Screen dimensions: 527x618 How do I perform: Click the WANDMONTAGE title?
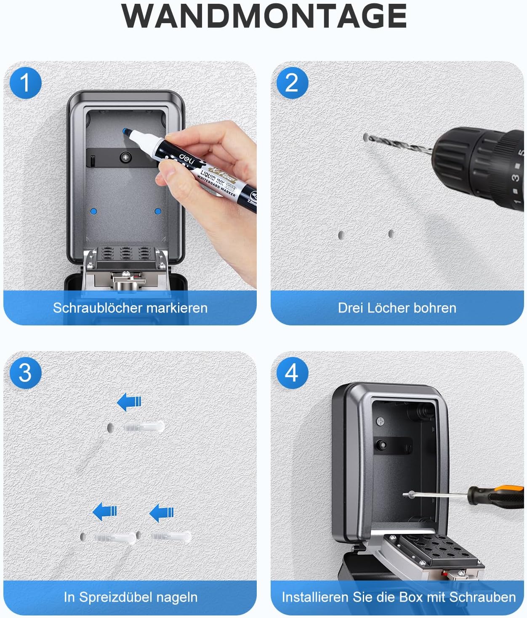click(263, 16)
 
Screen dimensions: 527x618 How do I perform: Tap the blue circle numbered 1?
click(25, 83)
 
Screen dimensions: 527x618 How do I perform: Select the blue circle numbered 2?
click(292, 83)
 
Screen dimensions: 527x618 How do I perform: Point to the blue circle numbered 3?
click(25, 373)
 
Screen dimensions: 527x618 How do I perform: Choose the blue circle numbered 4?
click(292, 373)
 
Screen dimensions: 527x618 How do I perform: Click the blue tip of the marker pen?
click(126, 131)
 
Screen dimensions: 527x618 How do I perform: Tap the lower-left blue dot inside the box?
click(93, 211)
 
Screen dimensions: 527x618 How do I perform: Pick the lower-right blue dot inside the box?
click(158, 211)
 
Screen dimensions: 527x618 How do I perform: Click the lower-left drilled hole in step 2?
click(341, 235)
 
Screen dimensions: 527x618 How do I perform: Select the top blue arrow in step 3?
click(129, 402)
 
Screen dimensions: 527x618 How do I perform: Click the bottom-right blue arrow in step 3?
click(161, 512)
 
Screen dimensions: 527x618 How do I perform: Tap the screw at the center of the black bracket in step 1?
click(125, 157)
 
